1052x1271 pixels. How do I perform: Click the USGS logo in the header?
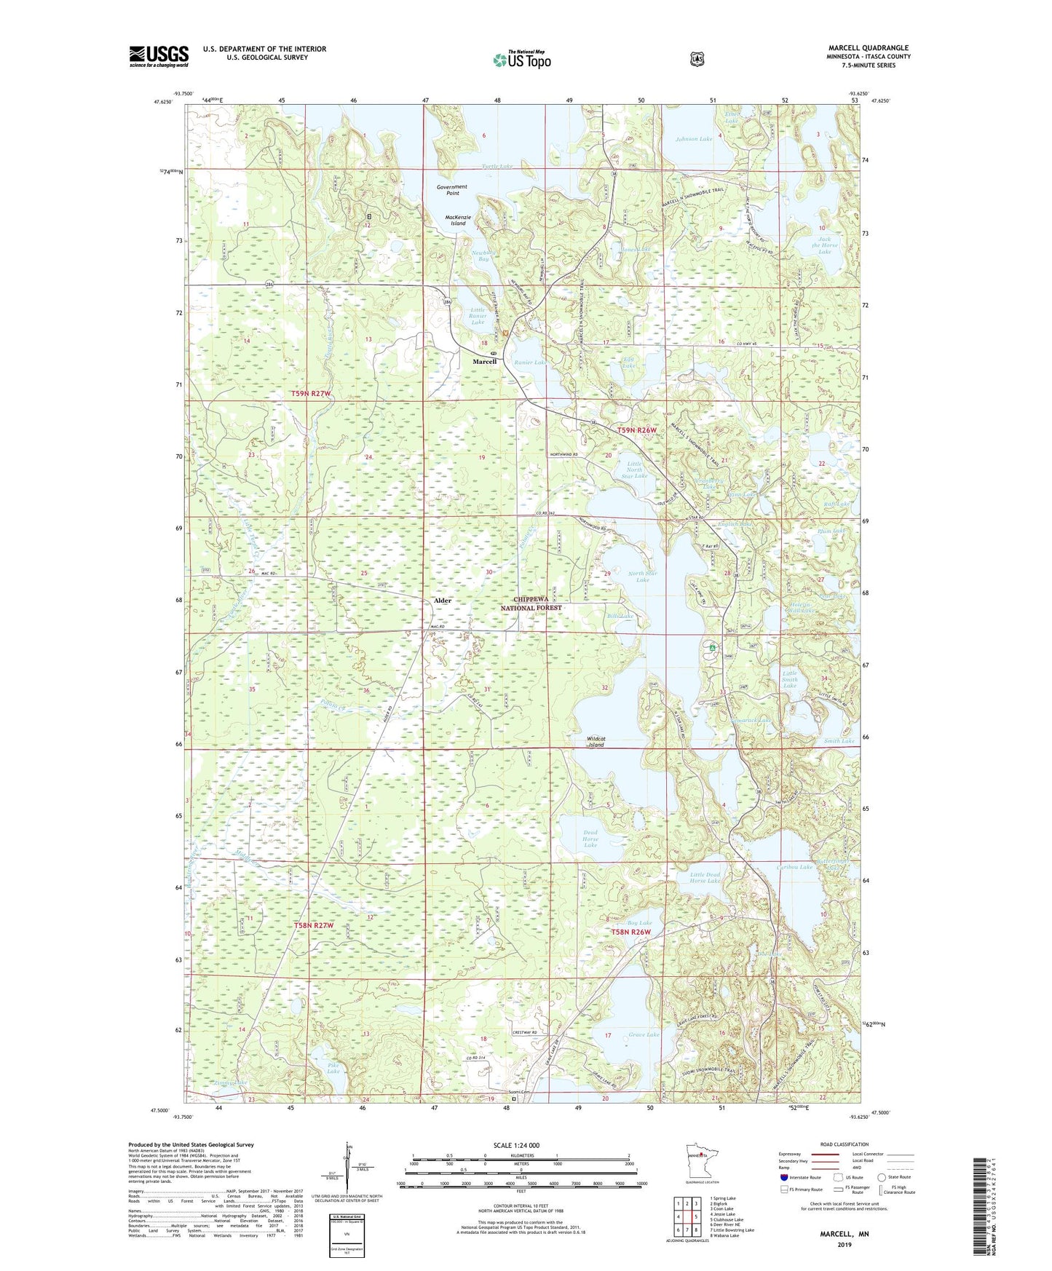click(x=159, y=56)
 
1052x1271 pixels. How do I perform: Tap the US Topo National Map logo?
click(x=521, y=59)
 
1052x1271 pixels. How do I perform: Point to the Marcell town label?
click(x=484, y=361)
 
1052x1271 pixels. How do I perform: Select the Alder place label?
click(x=442, y=601)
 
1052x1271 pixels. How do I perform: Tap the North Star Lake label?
click(x=642, y=577)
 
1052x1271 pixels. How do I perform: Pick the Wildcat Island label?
click(x=596, y=742)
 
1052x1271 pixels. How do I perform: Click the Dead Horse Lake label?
click(x=590, y=839)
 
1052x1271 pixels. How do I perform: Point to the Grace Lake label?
click(x=644, y=1034)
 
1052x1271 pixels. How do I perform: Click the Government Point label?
click(x=452, y=190)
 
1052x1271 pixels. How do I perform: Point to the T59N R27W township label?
click(x=311, y=394)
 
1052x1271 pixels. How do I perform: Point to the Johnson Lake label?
click(x=693, y=138)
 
